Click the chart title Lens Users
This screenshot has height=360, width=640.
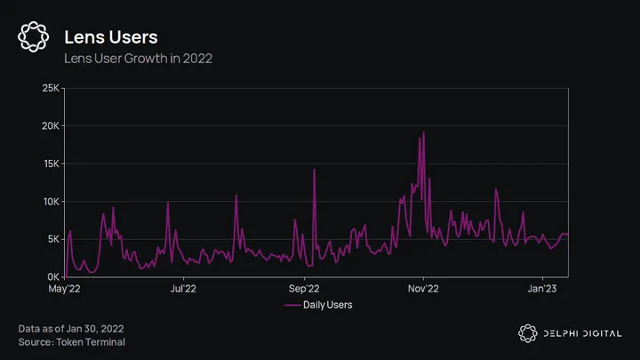[x=111, y=36]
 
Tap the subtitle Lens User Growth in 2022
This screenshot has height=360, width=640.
[x=139, y=59]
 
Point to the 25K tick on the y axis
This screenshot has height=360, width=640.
[x=51, y=89]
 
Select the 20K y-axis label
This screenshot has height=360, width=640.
[x=51, y=126]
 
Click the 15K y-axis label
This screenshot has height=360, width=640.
[x=51, y=164]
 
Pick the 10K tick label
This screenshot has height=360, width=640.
[x=51, y=202]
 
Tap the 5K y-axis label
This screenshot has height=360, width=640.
[x=53, y=239]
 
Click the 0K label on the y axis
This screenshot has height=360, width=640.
[x=53, y=277]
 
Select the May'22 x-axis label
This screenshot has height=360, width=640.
[x=63, y=288]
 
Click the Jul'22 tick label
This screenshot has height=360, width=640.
[x=182, y=288]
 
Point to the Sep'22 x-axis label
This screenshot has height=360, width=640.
[x=304, y=288]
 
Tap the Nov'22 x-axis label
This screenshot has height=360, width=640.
[x=423, y=288]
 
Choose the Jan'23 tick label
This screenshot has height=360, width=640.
[x=543, y=288]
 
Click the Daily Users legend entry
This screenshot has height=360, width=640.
[x=318, y=305]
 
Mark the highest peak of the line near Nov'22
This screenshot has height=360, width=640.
[x=424, y=132]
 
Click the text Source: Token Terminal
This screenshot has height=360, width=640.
[x=71, y=341]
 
